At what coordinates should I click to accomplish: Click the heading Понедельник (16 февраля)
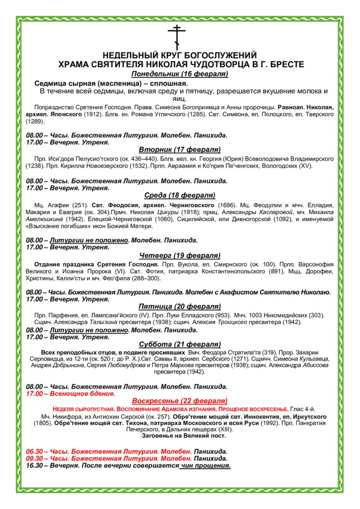pyautogui.click(x=179, y=74)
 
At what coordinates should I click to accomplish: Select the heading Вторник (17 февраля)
pyautogui.click(x=179, y=149)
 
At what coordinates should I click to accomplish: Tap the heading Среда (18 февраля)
pyautogui.click(x=179, y=195)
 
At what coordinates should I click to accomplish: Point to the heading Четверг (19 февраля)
pyautogui.click(x=179, y=255)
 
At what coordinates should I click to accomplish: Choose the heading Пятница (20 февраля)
pyautogui.click(x=179, y=306)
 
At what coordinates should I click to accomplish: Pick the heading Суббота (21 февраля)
pyautogui.click(x=179, y=344)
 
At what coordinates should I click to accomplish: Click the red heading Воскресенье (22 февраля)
pyautogui.click(x=179, y=401)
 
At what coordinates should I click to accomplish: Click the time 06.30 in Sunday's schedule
pyautogui.click(x=36, y=451)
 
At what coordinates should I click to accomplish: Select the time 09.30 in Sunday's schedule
pyautogui.click(x=36, y=458)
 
